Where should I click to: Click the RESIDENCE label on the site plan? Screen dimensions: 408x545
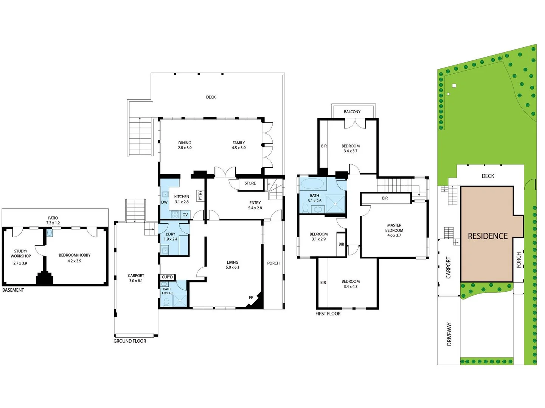(488, 236)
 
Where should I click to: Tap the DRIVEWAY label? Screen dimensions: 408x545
(449, 334)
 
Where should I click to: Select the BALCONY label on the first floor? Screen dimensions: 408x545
(352, 112)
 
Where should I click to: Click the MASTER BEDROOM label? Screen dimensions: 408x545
(394, 228)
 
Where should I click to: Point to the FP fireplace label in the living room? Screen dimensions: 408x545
(251, 298)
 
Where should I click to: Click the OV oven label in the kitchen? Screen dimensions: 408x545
(185, 215)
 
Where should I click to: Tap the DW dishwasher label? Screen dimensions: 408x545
(165, 202)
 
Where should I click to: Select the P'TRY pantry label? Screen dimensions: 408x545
(200, 195)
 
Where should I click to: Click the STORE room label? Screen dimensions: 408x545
(250, 183)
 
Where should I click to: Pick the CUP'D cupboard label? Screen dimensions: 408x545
(167, 277)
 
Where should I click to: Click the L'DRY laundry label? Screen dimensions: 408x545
(170, 234)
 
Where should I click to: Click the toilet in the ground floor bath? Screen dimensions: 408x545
(166, 302)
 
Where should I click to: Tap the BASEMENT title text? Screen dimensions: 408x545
(13, 290)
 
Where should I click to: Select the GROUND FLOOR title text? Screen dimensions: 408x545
(130, 341)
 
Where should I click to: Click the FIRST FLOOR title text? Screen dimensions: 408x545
(328, 314)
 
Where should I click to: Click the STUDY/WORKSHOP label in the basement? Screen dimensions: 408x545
(20, 253)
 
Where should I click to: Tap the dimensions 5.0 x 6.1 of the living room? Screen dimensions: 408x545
(233, 267)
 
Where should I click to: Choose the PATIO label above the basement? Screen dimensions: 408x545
(53, 218)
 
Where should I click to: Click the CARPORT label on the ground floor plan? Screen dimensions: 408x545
(136, 276)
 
